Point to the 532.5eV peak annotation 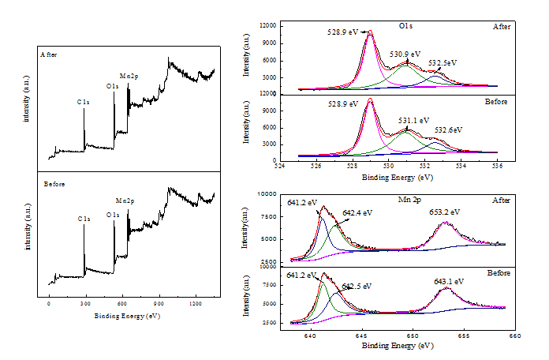pos(443,62)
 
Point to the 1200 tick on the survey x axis pos(195,303)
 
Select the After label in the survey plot pos(49,54)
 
